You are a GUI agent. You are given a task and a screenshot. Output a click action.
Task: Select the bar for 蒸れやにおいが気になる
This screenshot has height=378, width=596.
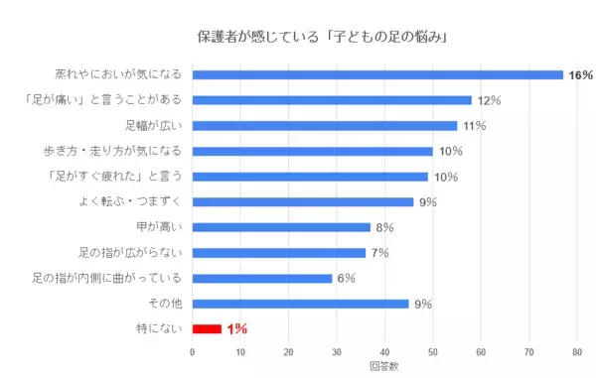(377, 74)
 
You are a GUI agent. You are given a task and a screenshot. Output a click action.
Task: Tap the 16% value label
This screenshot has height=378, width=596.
(580, 75)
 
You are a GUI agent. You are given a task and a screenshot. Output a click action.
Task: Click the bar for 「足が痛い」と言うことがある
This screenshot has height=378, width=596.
(332, 100)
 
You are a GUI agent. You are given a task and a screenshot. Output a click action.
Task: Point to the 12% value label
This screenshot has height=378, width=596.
(488, 100)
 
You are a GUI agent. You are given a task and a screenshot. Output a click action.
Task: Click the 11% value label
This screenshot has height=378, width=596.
(474, 126)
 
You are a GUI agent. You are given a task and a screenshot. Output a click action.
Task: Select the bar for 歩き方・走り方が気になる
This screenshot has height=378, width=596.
(312, 151)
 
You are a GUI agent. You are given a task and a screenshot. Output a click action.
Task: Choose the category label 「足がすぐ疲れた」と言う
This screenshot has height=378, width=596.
(119, 177)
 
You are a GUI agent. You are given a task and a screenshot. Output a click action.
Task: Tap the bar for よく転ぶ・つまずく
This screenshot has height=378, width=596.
(303, 201)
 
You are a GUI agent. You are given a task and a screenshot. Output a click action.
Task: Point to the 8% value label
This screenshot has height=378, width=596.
(384, 227)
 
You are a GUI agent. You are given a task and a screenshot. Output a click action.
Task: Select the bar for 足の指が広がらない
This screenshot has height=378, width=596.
(279, 252)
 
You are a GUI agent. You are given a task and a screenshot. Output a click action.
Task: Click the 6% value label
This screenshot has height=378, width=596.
(347, 278)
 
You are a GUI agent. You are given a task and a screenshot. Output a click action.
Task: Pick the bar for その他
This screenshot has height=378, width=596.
(300, 304)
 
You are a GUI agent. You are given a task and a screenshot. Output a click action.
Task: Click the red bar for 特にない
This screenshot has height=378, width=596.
(207, 328)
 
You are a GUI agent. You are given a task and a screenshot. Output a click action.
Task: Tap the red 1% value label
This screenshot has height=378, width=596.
(236, 329)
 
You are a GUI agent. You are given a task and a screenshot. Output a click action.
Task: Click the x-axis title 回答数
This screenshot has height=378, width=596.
(383, 365)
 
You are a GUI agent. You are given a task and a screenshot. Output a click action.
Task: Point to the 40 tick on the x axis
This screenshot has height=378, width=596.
(384, 350)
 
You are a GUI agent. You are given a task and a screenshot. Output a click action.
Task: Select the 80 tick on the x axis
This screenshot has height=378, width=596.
(577, 350)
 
